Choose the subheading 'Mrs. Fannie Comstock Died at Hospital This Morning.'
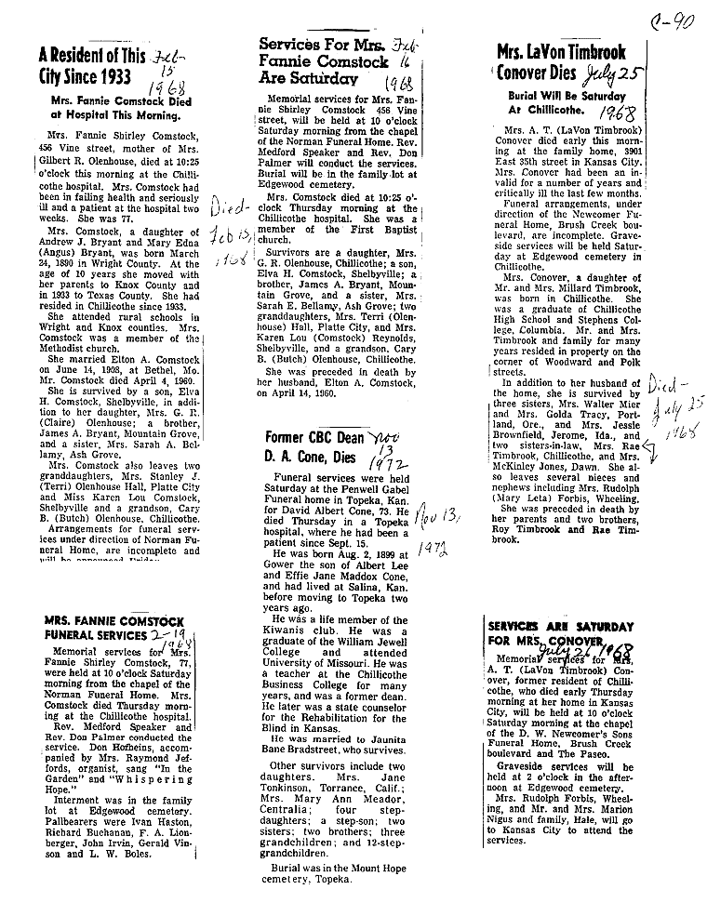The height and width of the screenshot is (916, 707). click(114, 110)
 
